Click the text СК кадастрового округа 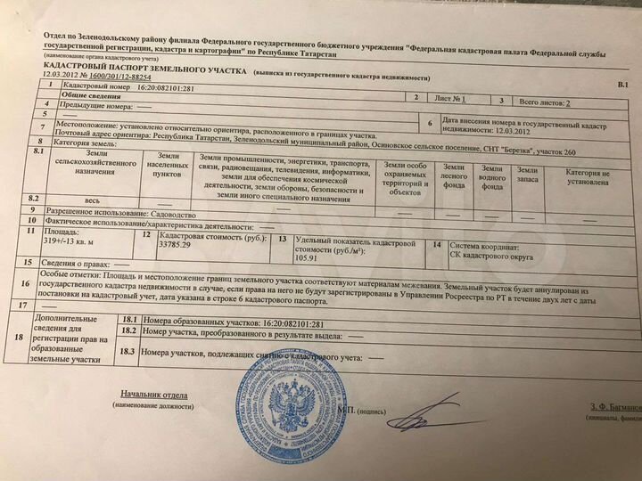click(491, 257)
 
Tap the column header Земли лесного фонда click(453, 177)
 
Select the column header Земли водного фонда click(491, 177)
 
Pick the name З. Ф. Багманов click(614, 406)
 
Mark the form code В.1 click(622, 84)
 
